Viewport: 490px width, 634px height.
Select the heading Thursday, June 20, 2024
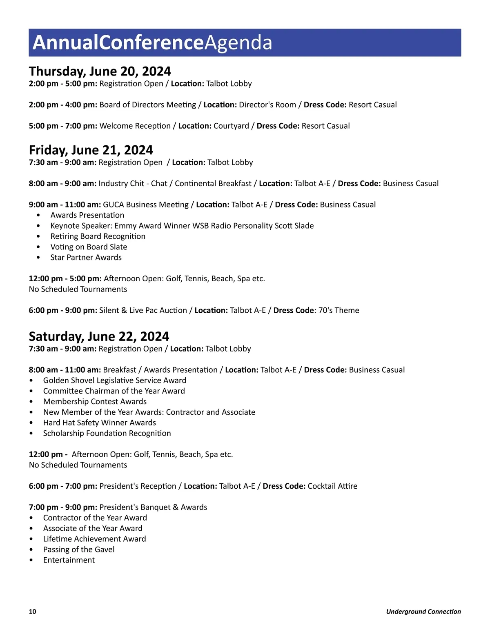coord(100,71)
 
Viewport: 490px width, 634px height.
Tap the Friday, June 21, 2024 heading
coord(91,150)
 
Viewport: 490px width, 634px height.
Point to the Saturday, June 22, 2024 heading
coord(99,336)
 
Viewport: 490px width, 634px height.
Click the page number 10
coord(32,611)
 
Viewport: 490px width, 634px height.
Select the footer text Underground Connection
coord(423,611)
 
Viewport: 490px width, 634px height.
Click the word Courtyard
coord(231,126)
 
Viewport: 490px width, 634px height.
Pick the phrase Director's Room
coord(267,105)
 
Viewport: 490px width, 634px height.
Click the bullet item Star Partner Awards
coord(86,258)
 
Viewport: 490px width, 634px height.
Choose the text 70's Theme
coord(339,310)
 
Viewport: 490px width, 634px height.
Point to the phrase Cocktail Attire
coord(332,486)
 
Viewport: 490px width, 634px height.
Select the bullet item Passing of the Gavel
coord(79,549)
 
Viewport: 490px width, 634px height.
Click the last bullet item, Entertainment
coord(69,560)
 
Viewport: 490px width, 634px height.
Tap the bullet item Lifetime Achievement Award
coord(94,539)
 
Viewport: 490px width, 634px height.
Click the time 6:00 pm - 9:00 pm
coord(63,310)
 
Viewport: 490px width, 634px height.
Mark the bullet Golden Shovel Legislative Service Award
coord(115,380)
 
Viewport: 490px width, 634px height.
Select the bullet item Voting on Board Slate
coord(89,247)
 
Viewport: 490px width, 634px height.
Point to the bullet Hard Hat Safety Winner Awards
coord(100,423)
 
